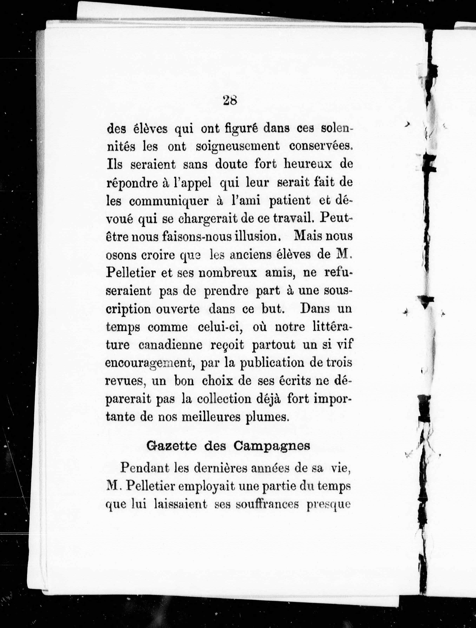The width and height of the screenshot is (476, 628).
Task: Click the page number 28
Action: click(x=230, y=100)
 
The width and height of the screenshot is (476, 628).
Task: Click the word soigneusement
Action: click(x=238, y=147)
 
